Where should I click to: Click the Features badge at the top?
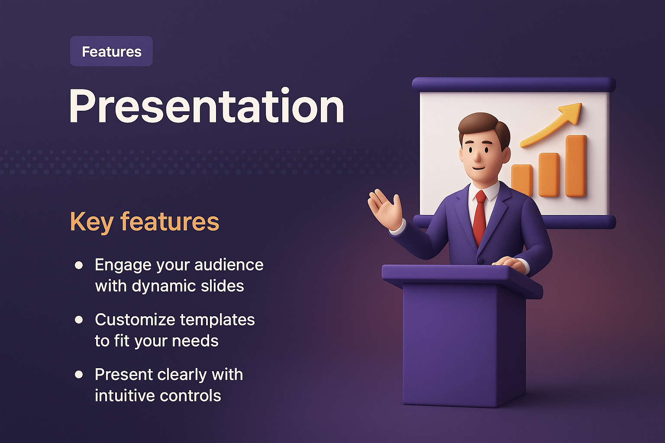click(x=111, y=51)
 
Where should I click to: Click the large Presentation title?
click(x=207, y=106)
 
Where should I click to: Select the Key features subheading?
click(x=145, y=221)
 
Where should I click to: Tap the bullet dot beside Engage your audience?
click(x=79, y=265)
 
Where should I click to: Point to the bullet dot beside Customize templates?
click(x=79, y=320)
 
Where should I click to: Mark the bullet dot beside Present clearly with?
click(x=79, y=375)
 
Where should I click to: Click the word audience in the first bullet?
click(x=229, y=265)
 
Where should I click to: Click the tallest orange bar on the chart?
click(x=576, y=166)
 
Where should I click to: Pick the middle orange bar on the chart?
click(x=549, y=175)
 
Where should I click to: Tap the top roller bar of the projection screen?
click(x=513, y=84)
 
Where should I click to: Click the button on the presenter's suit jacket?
click(x=480, y=260)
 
